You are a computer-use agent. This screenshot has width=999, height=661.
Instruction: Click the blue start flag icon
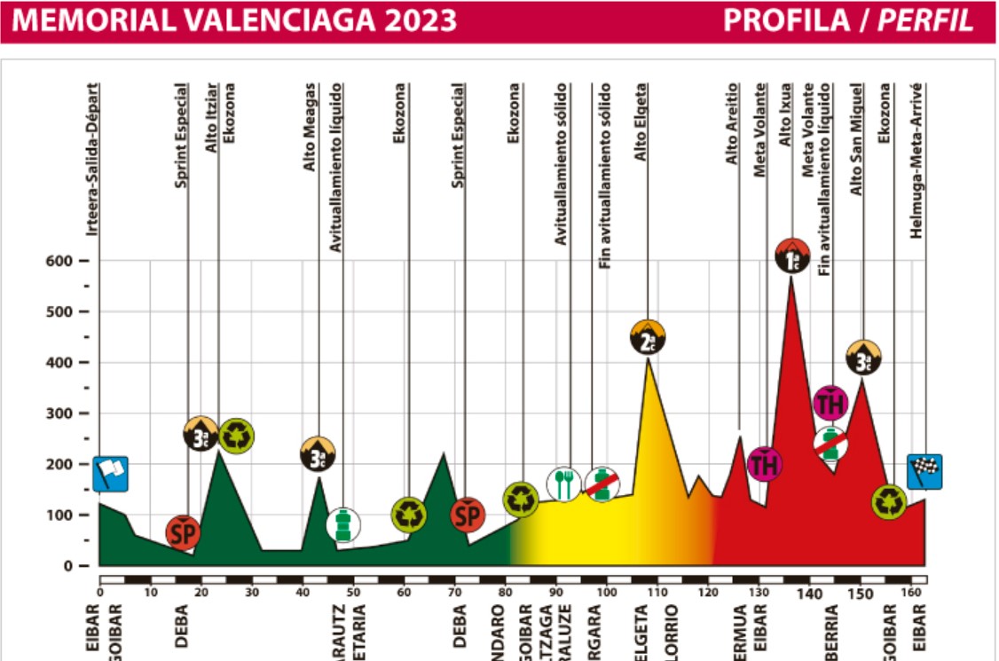point(110,473)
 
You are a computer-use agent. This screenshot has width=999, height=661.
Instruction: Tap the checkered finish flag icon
point(924,471)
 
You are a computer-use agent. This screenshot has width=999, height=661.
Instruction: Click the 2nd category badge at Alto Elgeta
point(648,337)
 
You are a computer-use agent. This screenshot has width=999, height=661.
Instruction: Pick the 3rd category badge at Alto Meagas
point(318,453)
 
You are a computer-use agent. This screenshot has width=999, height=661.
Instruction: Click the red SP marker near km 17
point(183,532)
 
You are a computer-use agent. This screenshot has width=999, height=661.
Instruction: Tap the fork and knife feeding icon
point(563,484)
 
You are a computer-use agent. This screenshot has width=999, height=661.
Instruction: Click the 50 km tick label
point(353,593)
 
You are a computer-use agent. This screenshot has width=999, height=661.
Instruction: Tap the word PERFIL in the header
point(925,20)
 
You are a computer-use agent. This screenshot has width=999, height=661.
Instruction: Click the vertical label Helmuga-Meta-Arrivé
point(916,160)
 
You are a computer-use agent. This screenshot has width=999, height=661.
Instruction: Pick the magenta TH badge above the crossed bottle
point(830,404)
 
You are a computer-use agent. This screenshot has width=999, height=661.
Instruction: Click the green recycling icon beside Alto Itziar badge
point(237,435)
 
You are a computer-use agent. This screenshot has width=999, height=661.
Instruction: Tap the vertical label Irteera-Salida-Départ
point(92,160)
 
